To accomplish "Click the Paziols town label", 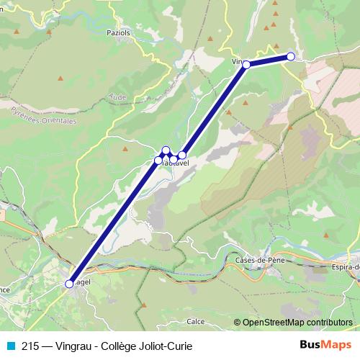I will pyautogui.click(x=117, y=32).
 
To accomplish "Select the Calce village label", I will pyautogui.click(x=195, y=321).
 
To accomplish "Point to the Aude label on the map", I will pyautogui.click(x=116, y=96).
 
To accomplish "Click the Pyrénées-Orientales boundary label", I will pyautogui.click(x=43, y=115).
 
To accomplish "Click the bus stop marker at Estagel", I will pyautogui.click(x=70, y=284).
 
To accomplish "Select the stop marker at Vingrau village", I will pyautogui.click(x=246, y=65).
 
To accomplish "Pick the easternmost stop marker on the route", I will pyautogui.click(x=291, y=56).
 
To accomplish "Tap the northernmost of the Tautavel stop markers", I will pyautogui.click(x=166, y=150).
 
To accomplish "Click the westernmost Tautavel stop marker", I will pyautogui.click(x=158, y=160).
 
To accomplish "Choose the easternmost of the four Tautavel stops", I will pyautogui.click(x=182, y=155).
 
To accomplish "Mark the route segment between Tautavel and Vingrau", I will pyautogui.click(x=215, y=109).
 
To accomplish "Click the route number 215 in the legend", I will pyautogui.click(x=30, y=346).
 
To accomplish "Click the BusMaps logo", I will pyautogui.click(x=325, y=345).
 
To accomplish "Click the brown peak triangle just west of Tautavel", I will pyautogui.click(x=125, y=148).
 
